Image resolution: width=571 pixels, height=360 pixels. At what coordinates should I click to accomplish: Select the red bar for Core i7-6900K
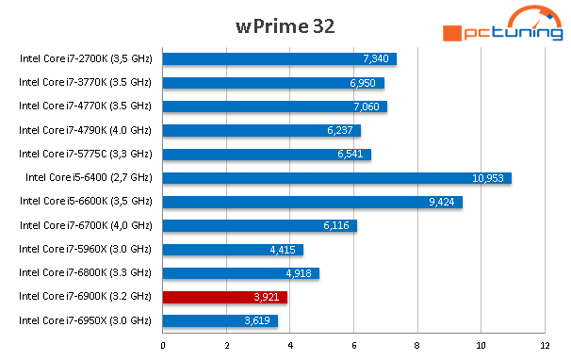[225, 298]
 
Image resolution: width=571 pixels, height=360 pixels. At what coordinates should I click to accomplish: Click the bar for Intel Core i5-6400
[336, 178]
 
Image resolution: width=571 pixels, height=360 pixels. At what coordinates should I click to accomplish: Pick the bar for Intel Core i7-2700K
[279, 59]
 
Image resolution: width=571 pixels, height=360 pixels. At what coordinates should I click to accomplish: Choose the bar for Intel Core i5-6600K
[312, 202]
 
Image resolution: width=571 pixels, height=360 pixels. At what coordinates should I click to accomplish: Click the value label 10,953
[490, 178]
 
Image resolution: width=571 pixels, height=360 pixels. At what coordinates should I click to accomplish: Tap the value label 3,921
[268, 298]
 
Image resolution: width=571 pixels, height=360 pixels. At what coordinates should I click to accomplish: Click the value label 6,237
[341, 130]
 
